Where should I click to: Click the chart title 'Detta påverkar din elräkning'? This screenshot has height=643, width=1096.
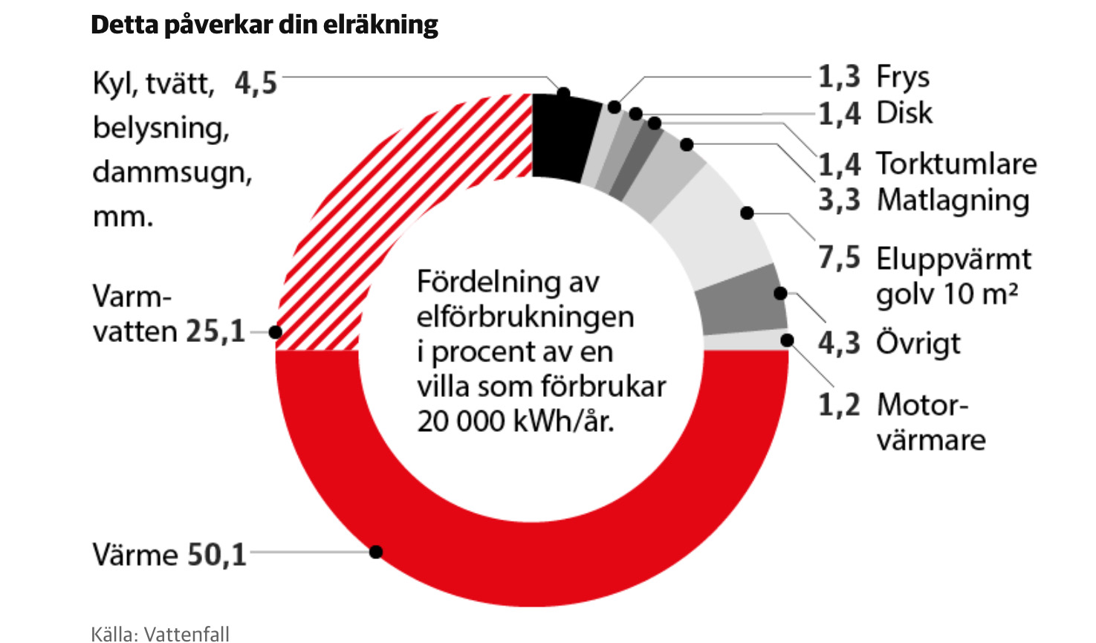point(264,25)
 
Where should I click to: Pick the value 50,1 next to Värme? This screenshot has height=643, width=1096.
point(216,555)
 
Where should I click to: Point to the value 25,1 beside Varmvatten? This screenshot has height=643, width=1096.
point(215,332)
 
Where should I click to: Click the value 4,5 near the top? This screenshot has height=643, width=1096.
point(256,83)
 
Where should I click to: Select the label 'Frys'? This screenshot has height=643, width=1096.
point(903,77)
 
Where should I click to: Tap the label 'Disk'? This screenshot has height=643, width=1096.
point(904,113)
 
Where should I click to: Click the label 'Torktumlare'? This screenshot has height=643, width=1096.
point(956,164)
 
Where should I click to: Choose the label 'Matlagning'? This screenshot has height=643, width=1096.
point(953,200)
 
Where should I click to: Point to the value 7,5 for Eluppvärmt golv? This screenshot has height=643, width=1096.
point(839,258)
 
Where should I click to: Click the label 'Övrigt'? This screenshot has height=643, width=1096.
point(918,343)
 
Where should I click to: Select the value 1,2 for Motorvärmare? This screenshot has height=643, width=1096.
point(839,405)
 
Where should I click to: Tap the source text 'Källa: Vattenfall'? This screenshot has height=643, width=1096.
point(160,633)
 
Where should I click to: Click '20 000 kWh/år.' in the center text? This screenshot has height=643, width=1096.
point(516,421)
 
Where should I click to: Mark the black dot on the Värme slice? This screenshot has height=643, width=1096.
point(376,552)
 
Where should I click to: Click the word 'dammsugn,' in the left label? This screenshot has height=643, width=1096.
point(172,172)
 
